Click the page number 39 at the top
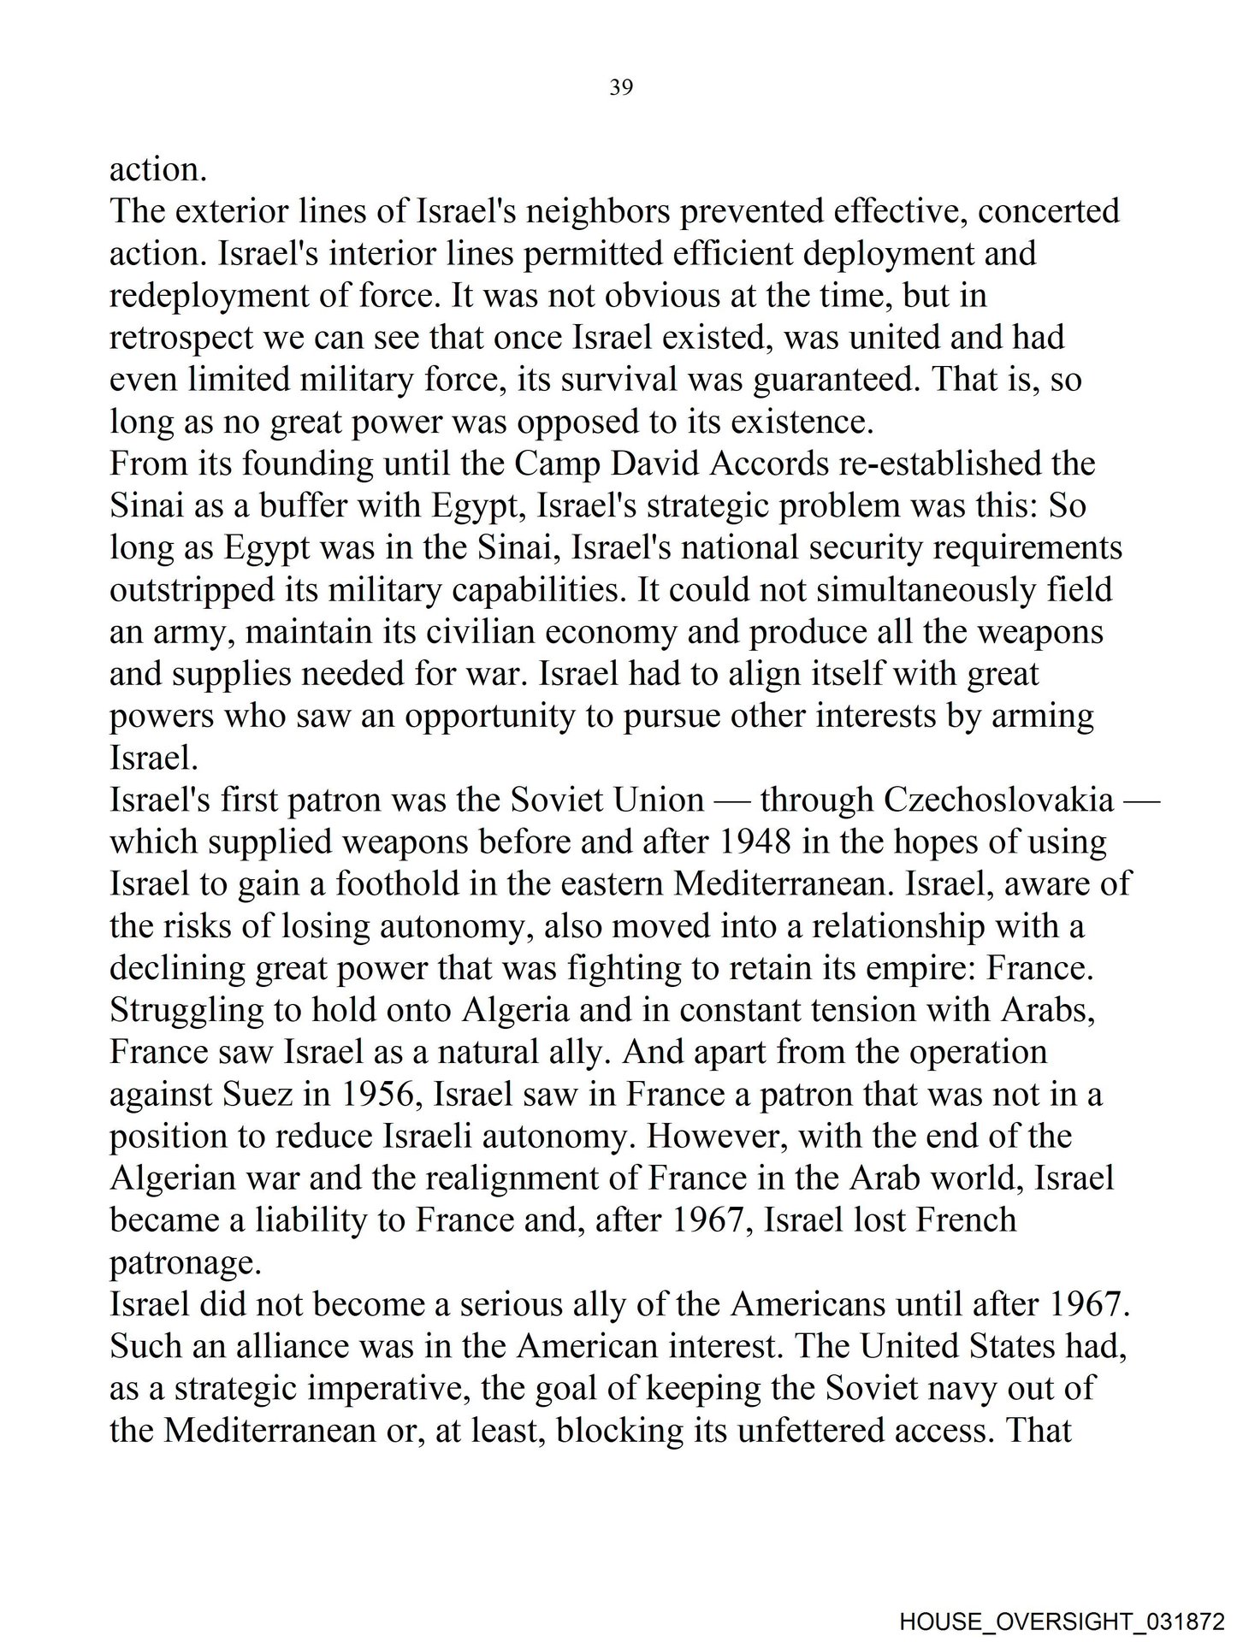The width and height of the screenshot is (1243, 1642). click(x=621, y=87)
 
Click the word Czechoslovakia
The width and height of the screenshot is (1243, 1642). click(x=998, y=800)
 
